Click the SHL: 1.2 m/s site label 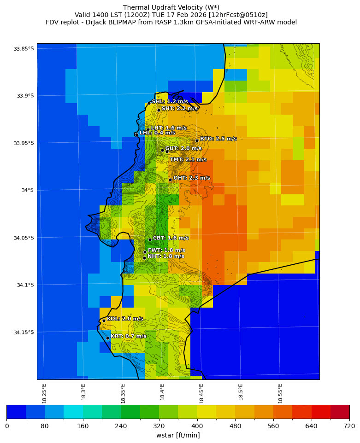pos(170,101)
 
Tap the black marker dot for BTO pos(197,140)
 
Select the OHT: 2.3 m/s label pos(191,178)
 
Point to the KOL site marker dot pos(104,321)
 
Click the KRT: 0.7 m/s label pos(128,336)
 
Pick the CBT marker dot pos(150,239)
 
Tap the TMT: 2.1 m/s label pos(188,159)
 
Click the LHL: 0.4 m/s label pos(157,133)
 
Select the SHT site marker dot pos(159,110)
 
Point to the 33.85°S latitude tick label pos(24,49)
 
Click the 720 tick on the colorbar pos(349,426)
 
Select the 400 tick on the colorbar pos(197,426)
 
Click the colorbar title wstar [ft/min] pos(178,435)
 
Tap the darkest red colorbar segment pos(340,412)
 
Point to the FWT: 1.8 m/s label pos(166,250)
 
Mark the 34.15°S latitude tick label pos(24,332)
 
